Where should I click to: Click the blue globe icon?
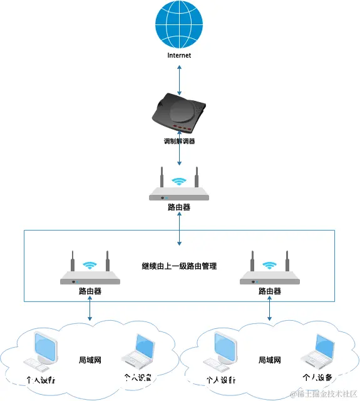coord(179,24)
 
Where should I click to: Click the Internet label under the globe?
coord(179,55)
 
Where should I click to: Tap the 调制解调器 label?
coord(179,141)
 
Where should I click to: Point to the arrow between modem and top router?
coord(179,156)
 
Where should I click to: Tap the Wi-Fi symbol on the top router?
coord(180,181)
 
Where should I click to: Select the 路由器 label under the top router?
coord(179,207)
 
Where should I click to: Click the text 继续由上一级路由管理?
coord(179,266)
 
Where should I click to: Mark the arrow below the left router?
coord(90,310)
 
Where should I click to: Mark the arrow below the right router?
coord(270,310)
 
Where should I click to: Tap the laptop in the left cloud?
coord(138,352)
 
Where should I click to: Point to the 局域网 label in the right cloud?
coord(270,361)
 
